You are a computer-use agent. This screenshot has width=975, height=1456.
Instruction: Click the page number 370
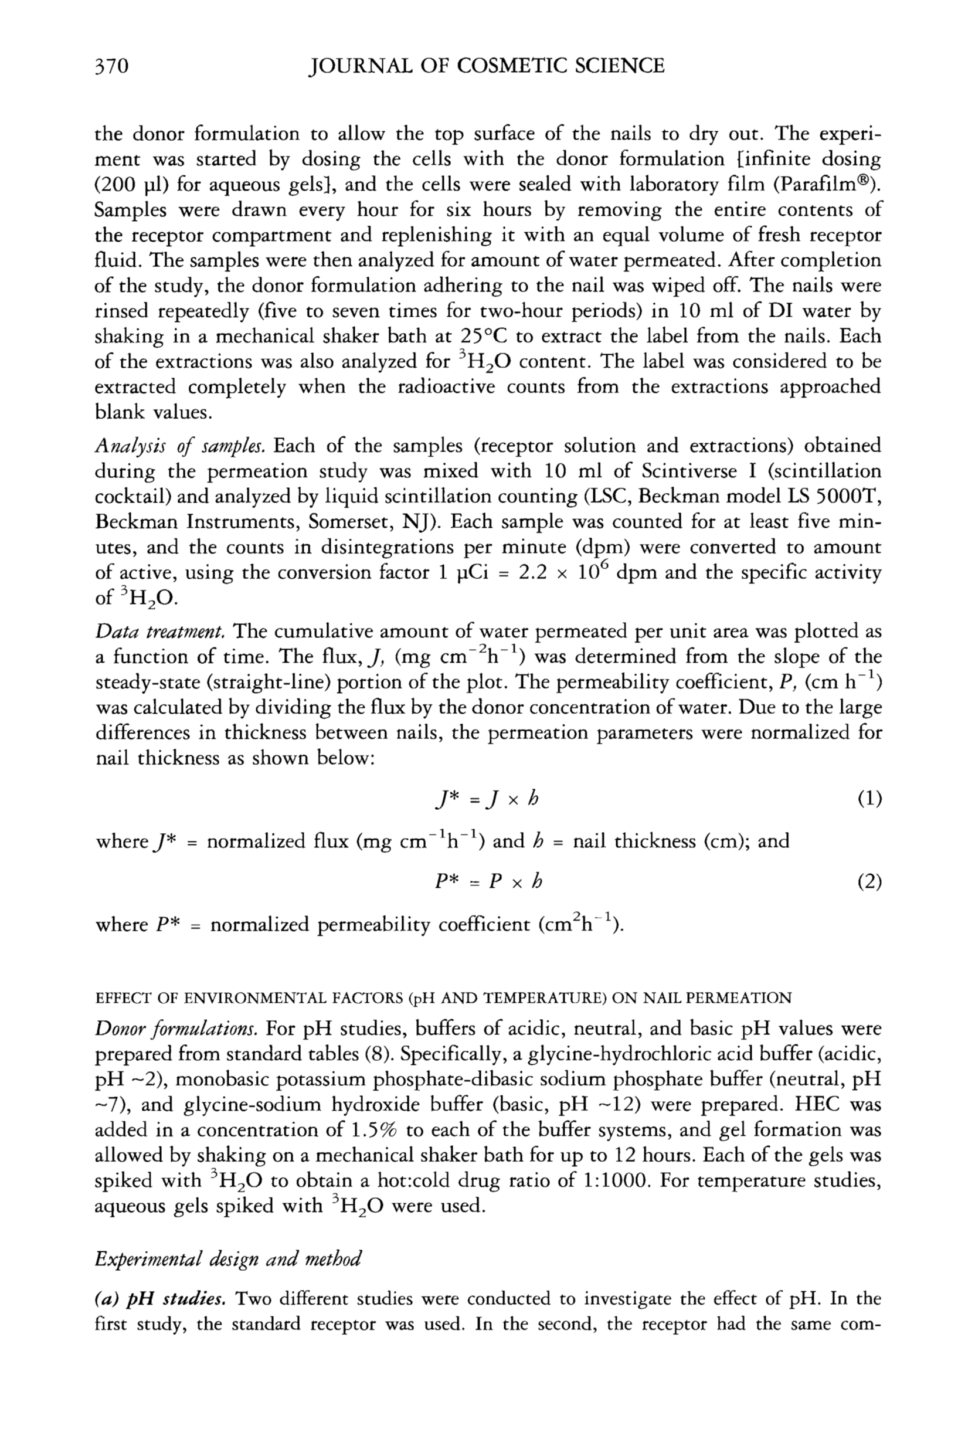tap(111, 66)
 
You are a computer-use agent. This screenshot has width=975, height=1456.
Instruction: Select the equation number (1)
tap(869, 799)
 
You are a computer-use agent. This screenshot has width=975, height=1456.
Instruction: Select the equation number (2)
tap(869, 882)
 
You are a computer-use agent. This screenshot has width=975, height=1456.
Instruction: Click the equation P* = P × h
tap(488, 882)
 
